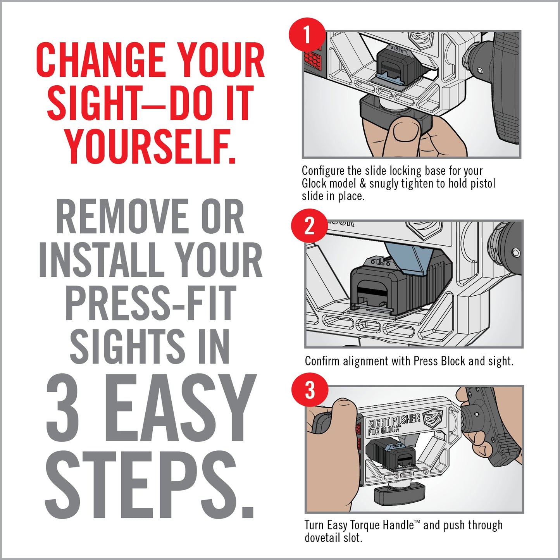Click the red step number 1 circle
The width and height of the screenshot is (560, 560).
307,36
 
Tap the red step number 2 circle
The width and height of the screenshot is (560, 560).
309,226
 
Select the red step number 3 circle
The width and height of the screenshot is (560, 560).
310,390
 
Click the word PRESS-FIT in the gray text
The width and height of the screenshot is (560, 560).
150,303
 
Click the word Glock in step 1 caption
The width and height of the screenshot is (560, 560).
314,183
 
